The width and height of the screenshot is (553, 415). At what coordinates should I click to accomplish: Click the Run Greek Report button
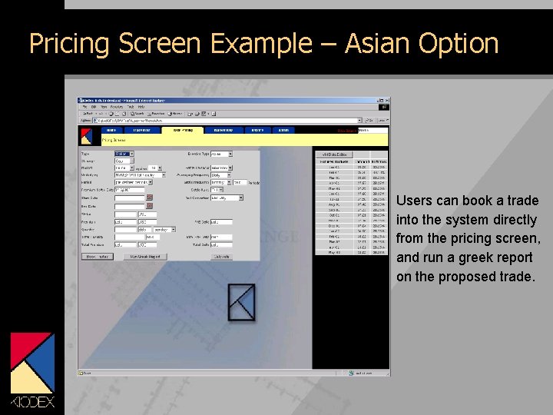point(144,256)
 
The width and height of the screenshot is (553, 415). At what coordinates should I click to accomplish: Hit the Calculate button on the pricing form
point(220,256)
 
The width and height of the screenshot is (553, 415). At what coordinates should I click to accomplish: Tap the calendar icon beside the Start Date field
point(150,198)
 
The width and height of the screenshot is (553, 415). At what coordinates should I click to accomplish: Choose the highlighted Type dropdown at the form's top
point(124,154)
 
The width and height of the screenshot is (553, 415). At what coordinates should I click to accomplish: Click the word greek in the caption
point(484,257)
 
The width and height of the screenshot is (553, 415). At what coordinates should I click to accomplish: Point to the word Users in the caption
point(414,201)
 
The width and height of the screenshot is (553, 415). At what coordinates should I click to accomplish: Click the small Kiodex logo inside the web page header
point(87,136)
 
